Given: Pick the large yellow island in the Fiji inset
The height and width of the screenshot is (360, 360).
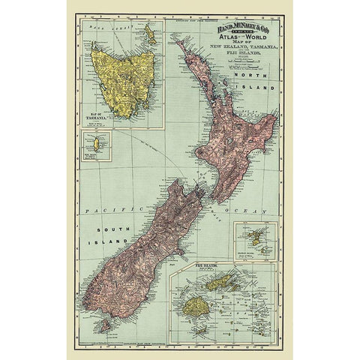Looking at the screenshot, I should (197, 305).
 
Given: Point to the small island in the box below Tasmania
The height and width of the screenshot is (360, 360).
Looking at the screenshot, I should (95, 142).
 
